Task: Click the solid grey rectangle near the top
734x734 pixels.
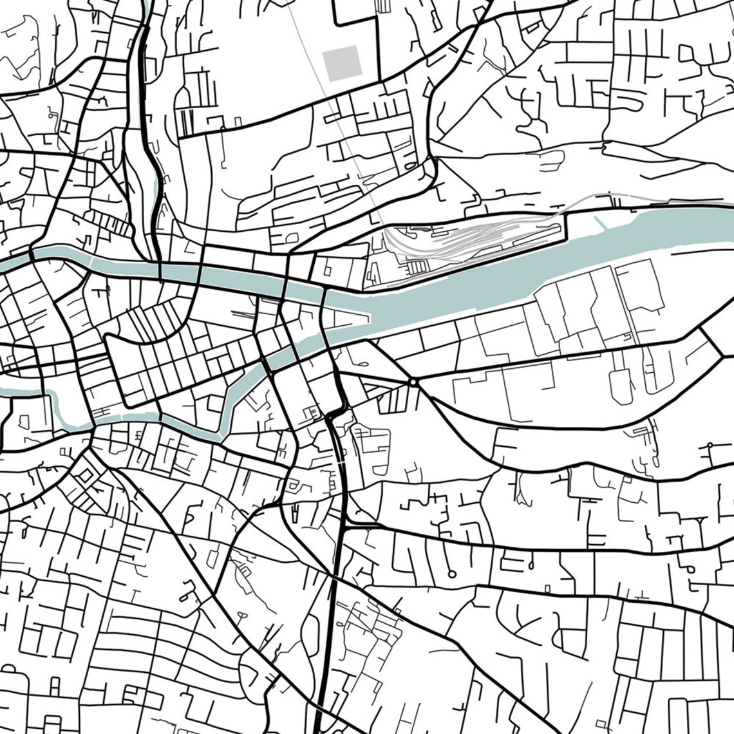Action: [342, 63]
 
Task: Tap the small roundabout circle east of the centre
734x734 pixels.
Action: [412, 382]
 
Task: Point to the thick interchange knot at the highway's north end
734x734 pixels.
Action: [336, 412]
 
